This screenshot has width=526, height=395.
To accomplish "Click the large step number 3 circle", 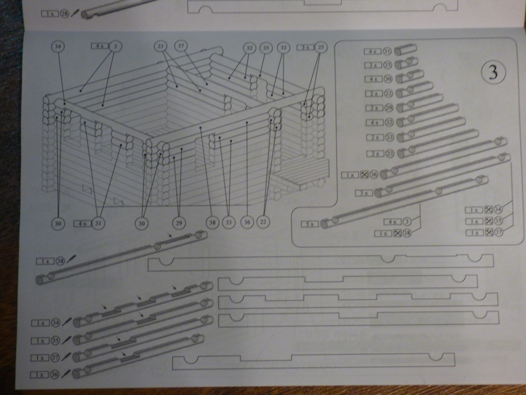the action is (493, 73).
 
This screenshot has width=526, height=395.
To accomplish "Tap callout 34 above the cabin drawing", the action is (59, 46).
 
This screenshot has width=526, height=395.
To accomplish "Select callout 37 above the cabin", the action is (180, 46).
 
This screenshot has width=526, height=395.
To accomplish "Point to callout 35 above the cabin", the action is (265, 48).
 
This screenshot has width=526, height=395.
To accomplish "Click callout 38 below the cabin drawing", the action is (212, 223).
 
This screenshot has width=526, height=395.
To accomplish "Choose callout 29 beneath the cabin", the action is (178, 223).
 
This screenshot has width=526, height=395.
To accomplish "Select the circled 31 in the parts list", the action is (387, 51).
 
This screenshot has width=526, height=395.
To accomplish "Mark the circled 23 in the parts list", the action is (388, 154).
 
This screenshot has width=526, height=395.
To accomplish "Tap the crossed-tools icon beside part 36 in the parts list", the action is (364, 175).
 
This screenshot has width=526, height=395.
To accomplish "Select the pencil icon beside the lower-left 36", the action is (65, 374).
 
